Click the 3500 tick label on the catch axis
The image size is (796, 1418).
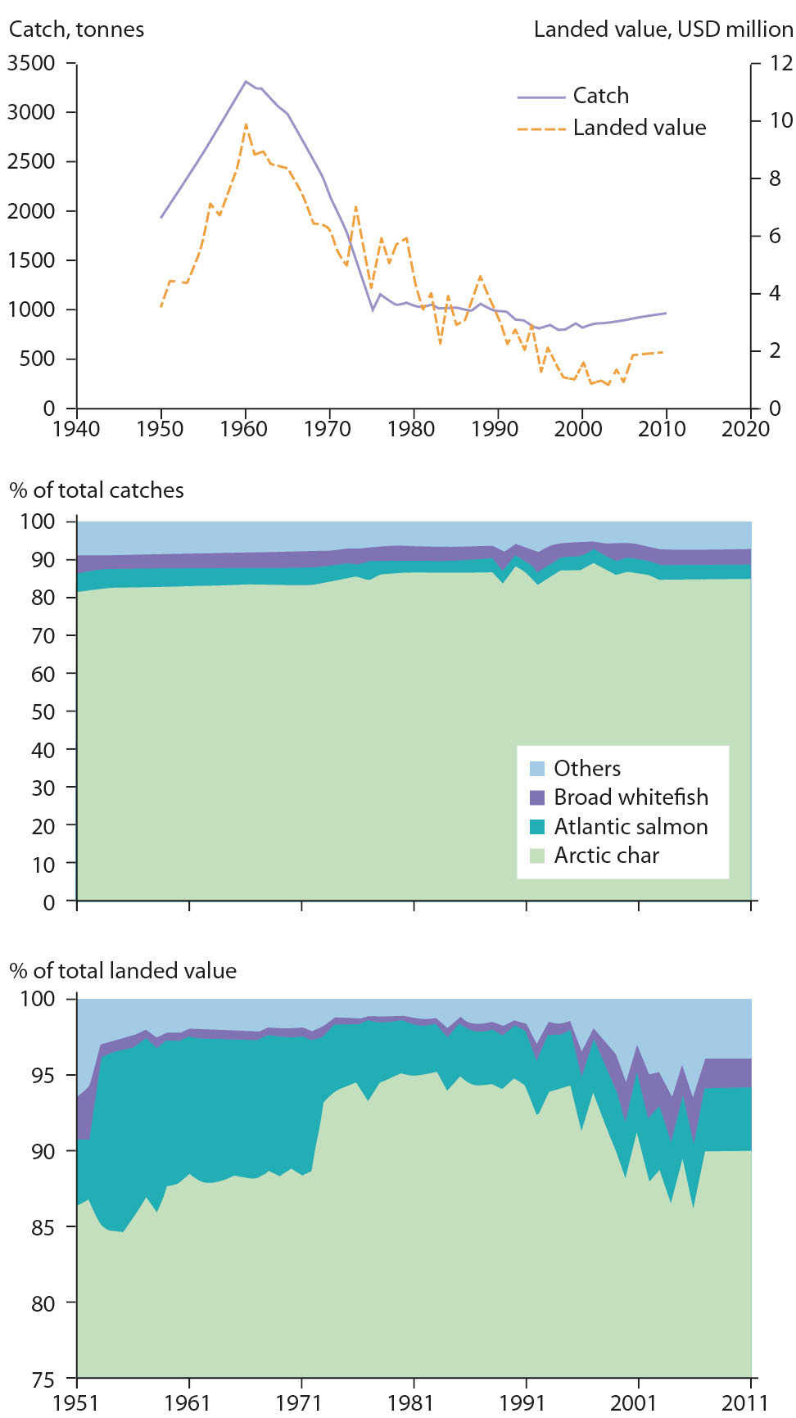click(x=31, y=63)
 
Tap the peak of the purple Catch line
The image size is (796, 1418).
click(x=245, y=81)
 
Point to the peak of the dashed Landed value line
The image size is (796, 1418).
click(x=246, y=124)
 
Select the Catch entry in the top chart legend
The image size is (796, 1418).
click(x=600, y=96)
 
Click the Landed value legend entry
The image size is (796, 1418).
click(x=639, y=128)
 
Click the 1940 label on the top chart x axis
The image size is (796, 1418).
click(x=76, y=429)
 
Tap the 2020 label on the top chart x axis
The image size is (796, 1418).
click(x=745, y=429)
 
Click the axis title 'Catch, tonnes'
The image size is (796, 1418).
click(x=76, y=29)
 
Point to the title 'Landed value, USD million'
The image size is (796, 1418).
click(x=663, y=29)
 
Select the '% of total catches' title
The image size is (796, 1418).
click(x=97, y=490)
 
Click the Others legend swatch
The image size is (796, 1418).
click(x=537, y=769)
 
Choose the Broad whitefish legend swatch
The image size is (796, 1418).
click(x=537, y=797)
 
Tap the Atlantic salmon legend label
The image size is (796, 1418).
click(x=631, y=827)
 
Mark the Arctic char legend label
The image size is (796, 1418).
click(x=606, y=856)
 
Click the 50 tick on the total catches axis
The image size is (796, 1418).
click(x=43, y=711)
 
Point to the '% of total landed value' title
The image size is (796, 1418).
click(x=123, y=971)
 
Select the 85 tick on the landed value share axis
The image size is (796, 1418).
click(x=43, y=1227)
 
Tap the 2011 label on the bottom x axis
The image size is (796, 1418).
click(x=745, y=1403)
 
